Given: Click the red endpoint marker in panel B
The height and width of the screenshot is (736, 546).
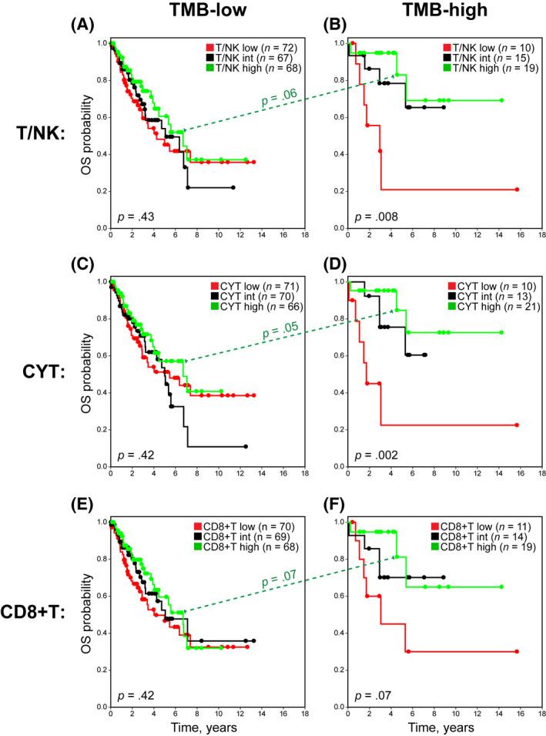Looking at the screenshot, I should point(518,190).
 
